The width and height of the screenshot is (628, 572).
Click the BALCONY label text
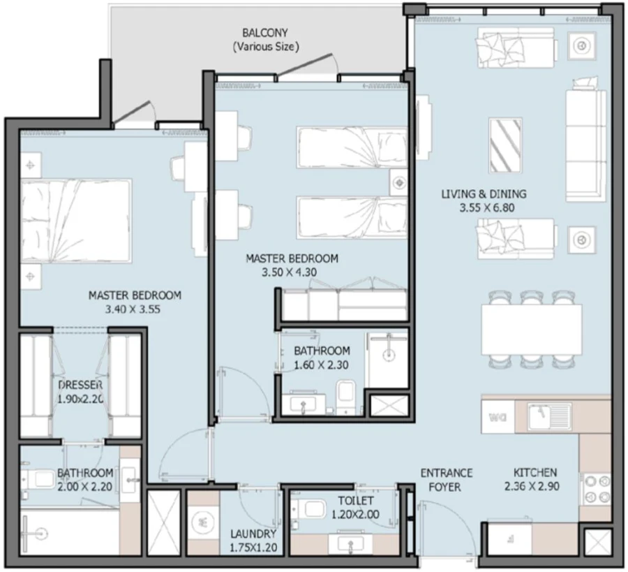click(x=265, y=34)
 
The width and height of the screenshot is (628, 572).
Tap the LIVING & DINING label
click(x=484, y=194)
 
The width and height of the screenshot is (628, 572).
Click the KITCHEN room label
click(x=535, y=472)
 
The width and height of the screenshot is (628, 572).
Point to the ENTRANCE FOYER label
click(x=447, y=480)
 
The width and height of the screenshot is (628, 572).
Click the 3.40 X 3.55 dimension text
click(x=135, y=308)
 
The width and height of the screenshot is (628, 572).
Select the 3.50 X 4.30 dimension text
click(x=292, y=272)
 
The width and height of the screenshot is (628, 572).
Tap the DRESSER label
click(x=81, y=386)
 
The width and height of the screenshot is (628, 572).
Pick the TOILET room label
click(x=356, y=501)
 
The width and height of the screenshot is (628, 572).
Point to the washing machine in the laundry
click(x=203, y=522)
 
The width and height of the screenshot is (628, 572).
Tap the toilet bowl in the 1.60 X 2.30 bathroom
click(x=345, y=394)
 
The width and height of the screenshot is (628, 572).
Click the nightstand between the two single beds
click(x=398, y=184)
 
